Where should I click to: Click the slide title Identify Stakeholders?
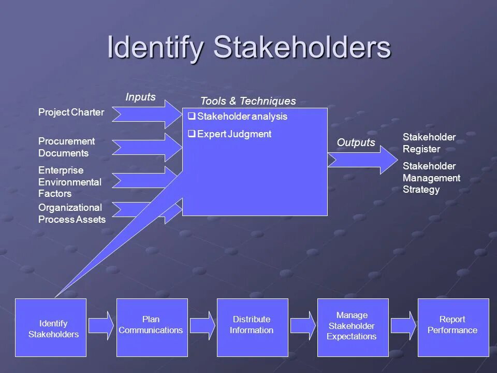[249, 47]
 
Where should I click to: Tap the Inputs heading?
[140, 97]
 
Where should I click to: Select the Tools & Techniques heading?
[248, 101]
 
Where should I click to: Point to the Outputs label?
[356, 142]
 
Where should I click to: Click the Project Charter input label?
[71, 112]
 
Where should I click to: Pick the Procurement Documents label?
[66, 147]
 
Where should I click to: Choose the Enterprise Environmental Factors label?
[70, 182]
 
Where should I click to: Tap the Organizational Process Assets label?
[71, 213]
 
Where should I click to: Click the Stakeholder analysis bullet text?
[242, 117]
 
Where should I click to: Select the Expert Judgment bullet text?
[234, 134]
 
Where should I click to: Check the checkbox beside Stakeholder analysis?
[192, 117]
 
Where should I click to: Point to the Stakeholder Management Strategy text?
[431, 178]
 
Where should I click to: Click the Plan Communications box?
[152, 327]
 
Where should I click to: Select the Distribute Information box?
[252, 327]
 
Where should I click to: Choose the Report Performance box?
[453, 327]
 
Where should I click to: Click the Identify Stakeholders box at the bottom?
[51, 327]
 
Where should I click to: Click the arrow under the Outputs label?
[361, 160]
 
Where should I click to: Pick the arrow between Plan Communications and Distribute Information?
[202, 325]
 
